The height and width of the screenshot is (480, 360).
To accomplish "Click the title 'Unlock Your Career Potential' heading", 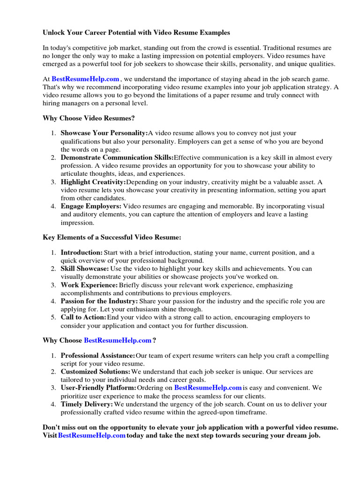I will point(136,33).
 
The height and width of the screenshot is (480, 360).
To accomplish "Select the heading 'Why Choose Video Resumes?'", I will point(89,118).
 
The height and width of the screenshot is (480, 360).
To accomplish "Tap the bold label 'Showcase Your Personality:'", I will point(104,134).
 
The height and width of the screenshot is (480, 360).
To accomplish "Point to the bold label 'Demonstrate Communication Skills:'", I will point(117,157).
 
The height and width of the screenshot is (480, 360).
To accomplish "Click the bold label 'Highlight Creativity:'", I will point(93,182).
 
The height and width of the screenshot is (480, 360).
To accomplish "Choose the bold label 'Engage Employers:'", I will point(91,206).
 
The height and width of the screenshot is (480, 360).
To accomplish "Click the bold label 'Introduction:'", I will point(82,253).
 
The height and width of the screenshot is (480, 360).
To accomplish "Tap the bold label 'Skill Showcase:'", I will point(84,269).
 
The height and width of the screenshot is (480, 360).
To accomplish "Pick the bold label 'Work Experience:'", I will point(89,285).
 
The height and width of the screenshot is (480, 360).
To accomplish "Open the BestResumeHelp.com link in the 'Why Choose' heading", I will point(118,340).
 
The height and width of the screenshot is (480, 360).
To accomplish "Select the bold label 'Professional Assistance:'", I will point(98,356).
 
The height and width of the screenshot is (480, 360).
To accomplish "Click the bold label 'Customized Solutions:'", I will point(96,372).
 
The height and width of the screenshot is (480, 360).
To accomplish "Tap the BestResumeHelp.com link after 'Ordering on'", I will point(208,388).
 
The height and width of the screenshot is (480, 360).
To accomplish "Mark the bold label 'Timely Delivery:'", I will point(87,404).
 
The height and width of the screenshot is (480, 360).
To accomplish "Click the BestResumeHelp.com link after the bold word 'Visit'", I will point(92,435).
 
